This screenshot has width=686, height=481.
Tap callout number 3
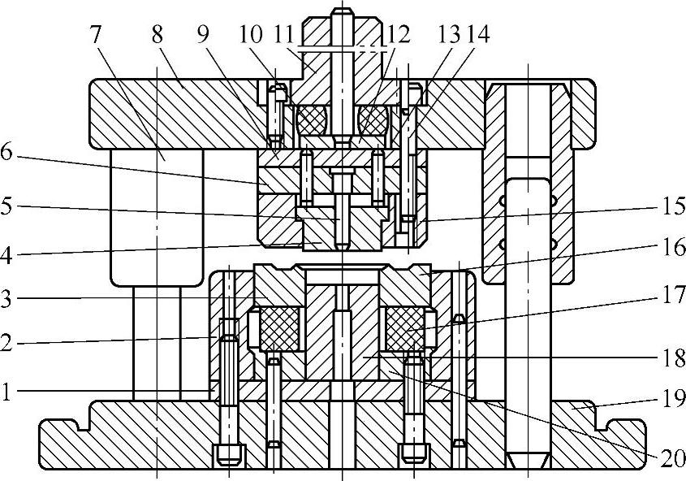coord(7,299)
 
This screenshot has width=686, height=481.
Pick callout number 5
coord(7,208)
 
